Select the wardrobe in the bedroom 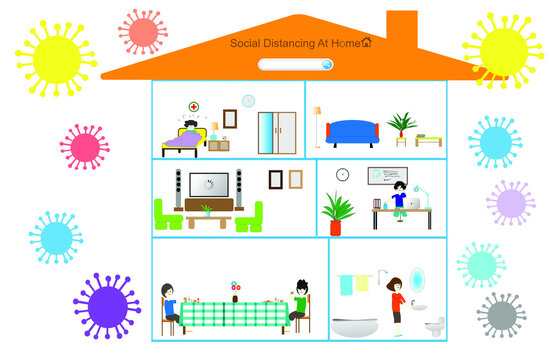pyautogui.click(x=276, y=131)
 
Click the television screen pyautogui.click(x=209, y=185)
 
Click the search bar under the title pyautogui.click(x=295, y=64)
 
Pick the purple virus pyautogui.click(x=108, y=304)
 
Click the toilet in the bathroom pyautogui.click(x=434, y=326)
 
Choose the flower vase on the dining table pyautogui.click(x=235, y=292)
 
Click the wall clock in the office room pyautogui.click(x=342, y=174)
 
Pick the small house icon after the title pyautogui.click(x=366, y=42)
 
